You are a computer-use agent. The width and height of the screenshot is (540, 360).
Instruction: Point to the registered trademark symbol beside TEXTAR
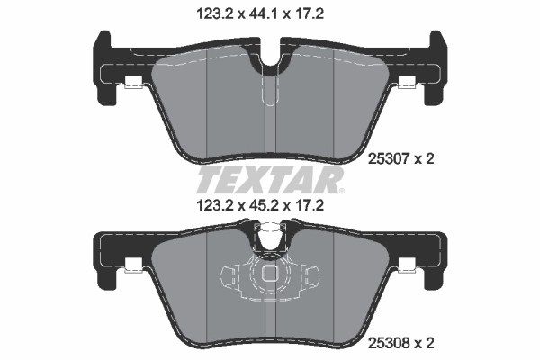pyautogui.click(x=339, y=191)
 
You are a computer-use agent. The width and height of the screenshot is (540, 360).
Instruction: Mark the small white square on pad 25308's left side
pyautogui.click(x=132, y=265)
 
